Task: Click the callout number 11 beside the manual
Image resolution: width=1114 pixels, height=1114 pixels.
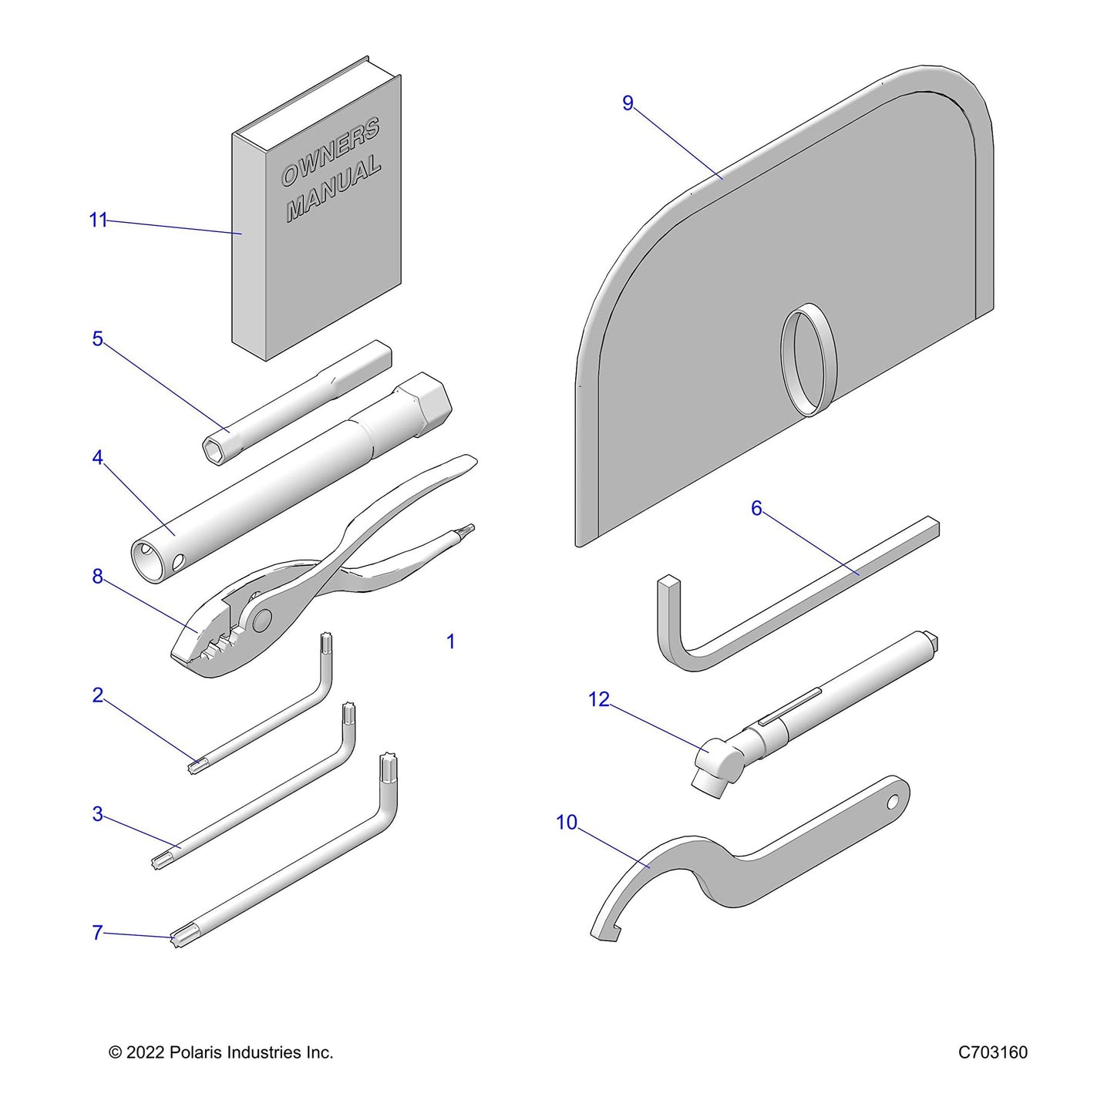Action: click(98, 220)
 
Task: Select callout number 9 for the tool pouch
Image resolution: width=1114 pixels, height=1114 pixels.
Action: click(628, 103)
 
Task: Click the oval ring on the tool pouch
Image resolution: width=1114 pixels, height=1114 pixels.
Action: click(808, 359)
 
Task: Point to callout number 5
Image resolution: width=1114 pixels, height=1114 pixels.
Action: click(98, 338)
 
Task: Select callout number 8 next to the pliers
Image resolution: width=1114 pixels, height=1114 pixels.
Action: click(98, 576)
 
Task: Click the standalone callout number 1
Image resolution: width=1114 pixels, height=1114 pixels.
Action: click(451, 641)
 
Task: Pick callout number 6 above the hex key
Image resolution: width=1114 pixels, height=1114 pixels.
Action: click(757, 508)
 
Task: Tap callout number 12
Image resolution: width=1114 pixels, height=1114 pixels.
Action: click(599, 699)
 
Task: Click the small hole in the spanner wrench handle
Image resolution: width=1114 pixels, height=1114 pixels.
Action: click(894, 802)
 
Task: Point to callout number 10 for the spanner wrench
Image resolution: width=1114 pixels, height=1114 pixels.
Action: click(567, 822)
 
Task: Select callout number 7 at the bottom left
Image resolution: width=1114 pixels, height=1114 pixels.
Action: click(98, 933)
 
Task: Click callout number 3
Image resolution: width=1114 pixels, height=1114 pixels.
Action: click(98, 814)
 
